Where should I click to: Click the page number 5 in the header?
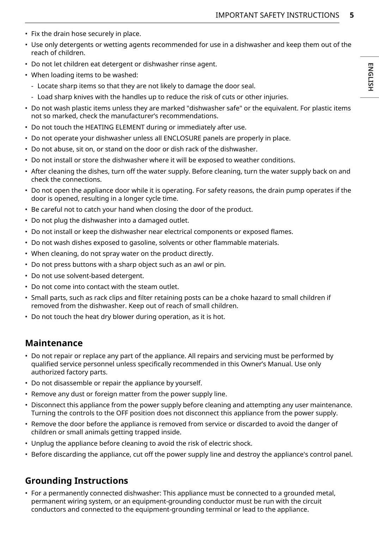pyautogui.click(x=352, y=15)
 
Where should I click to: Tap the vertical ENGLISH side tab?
pyautogui.click(x=370, y=77)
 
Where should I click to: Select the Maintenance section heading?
pyautogui.click(x=54, y=343)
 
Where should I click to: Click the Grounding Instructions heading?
pyautogui.click(x=77, y=481)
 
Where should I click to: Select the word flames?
pyautogui.click(x=282, y=231)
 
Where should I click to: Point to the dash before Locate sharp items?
pyautogui.click(x=33, y=86)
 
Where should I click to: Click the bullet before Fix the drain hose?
pyautogui.click(x=26, y=34)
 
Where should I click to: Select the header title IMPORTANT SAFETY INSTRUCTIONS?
pyautogui.click(x=277, y=15)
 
